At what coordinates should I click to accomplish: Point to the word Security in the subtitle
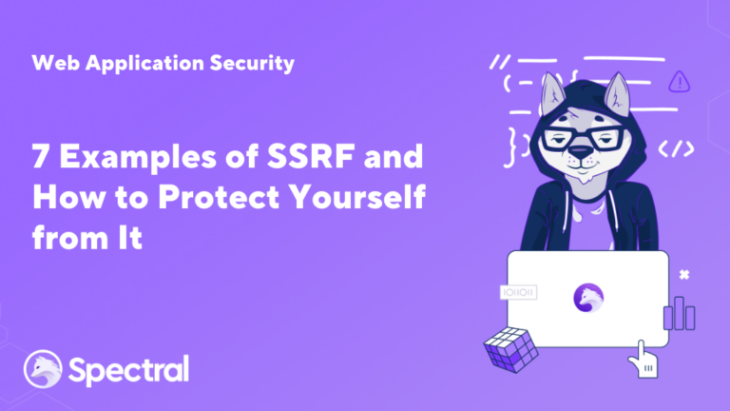tap(254, 64)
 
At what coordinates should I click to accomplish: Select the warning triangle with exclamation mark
tap(679, 81)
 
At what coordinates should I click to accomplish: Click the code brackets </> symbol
tap(676, 148)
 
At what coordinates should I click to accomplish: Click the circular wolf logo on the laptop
tap(588, 297)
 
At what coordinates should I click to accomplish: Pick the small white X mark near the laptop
tap(683, 275)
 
